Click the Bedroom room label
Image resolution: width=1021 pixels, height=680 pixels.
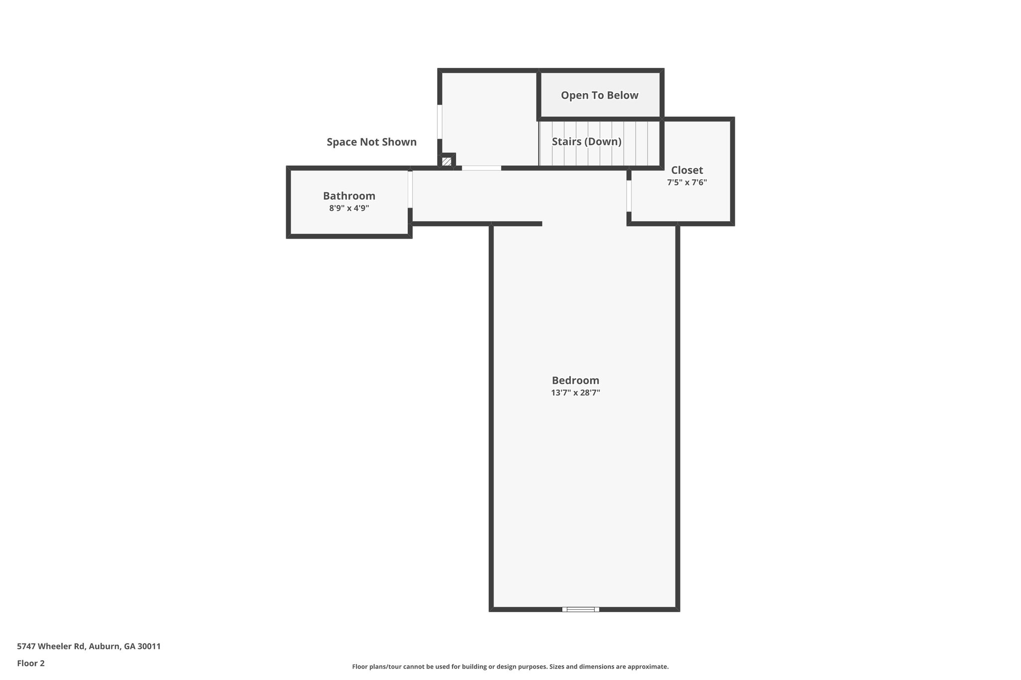click(x=575, y=381)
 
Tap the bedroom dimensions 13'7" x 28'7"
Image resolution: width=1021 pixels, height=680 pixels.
click(x=575, y=393)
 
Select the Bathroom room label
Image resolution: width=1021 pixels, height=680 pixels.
click(x=349, y=196)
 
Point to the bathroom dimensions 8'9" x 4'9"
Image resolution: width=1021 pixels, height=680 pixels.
click(x=349, y=208)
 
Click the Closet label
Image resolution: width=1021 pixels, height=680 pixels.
click(x=687, y=170)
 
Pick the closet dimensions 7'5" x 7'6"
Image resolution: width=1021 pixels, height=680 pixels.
click(x=687, y=182)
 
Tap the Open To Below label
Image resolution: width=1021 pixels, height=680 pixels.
click(x=599, y=95)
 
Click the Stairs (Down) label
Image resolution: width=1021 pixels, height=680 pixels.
click(x=586, y=141)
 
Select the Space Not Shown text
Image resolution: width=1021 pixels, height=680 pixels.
click(x=371, y=142)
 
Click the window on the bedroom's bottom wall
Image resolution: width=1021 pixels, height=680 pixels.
click(x=581, y=609)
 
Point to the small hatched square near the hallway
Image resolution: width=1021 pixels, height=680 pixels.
click(x=447, y=161)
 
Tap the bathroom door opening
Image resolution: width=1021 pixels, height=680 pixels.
click(x=410, y=189)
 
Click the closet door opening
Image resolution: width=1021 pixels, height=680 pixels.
click(x=629, y=196)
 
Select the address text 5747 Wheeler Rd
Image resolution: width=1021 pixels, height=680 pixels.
click(x=51, y=646)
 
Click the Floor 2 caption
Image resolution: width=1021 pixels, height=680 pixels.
click(x=31, y=663)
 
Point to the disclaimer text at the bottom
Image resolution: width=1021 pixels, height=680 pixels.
click(x=510, y=667)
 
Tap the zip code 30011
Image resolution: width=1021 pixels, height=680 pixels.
click(x=149, y=646)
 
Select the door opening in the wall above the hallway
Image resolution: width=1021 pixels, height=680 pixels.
click(x=481, y=168)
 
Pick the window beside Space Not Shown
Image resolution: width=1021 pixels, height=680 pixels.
click(x=440, y=122)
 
